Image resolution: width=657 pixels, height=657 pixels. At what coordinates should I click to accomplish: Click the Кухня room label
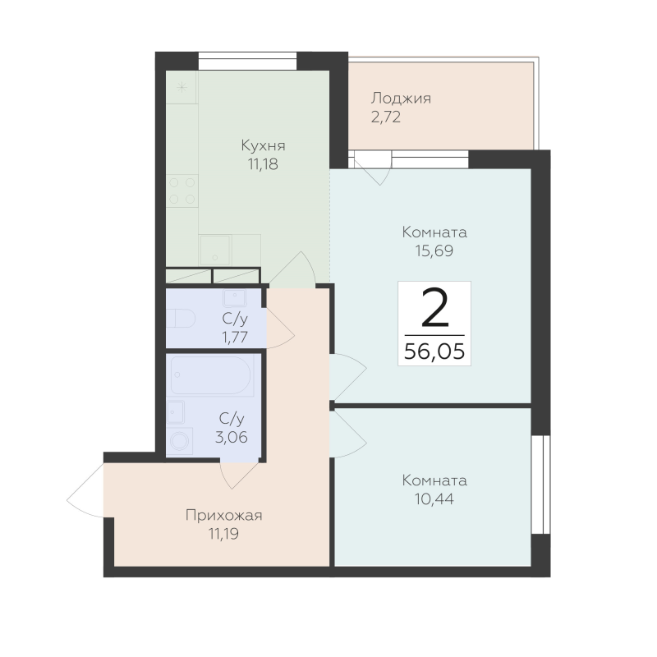tap(263, 146)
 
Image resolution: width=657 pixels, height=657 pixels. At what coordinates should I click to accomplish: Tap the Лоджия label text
tap(401, 99)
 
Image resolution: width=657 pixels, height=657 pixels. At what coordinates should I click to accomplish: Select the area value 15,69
tap(434, 250)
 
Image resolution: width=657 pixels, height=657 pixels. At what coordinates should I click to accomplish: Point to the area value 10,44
tap(434, 499)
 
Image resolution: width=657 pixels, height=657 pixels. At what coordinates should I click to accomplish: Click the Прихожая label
tap(223, 516)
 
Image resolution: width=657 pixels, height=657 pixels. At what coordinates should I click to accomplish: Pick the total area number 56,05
tap(434, 351)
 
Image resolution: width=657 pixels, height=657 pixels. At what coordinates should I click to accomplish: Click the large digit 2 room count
tap(434, 310)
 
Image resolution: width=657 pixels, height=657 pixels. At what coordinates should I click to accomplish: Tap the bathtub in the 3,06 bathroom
tap(212, 375)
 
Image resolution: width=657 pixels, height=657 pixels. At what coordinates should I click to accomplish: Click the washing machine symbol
tap(180, 441)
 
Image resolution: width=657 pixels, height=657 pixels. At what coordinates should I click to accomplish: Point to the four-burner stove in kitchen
tap(181, 191)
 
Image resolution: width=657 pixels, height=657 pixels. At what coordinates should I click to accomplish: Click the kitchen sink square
tap(215, 250)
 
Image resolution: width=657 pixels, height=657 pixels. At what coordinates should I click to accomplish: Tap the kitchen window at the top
tap(247, 61)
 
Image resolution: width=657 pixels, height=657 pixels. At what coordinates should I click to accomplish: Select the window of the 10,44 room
tap(540, 484)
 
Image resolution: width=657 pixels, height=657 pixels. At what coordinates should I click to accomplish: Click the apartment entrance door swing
tap(85, 490)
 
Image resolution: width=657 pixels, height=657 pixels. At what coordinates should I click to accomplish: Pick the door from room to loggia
tap(373, 167)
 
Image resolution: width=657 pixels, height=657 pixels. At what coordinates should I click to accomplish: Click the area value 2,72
tap(385, 117)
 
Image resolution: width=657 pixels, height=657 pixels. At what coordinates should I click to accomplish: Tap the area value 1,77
tap(235, 337)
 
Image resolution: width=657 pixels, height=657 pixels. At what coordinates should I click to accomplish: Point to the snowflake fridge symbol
tap(181, 88)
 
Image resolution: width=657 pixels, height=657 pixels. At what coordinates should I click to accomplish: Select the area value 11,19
tap(223, 534)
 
